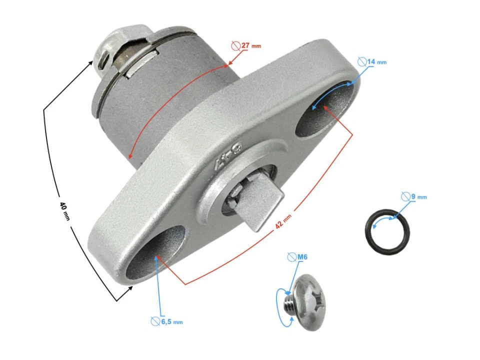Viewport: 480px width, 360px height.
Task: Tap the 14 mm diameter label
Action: [x=376, y=62]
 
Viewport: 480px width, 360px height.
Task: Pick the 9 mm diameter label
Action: [x=418, y=196]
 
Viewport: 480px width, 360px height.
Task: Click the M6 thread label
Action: [x=302, y=257]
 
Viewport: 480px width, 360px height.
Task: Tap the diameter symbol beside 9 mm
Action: [x=406, y=196]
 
